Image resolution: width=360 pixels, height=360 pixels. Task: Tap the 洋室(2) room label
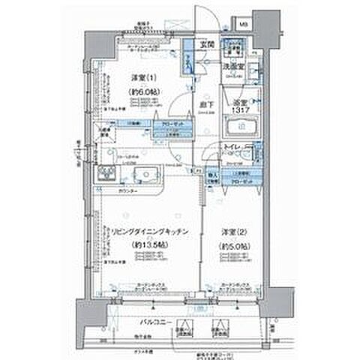(x=231, y=230)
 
